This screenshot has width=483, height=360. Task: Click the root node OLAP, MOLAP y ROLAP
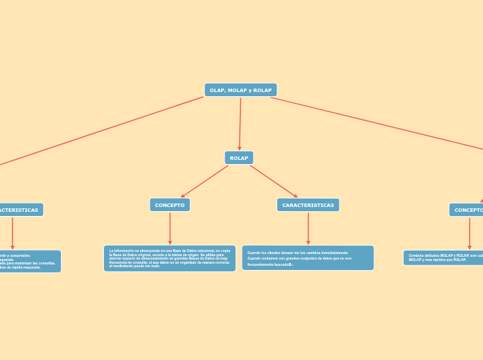(240, 90)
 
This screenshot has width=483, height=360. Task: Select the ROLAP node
(239, 158)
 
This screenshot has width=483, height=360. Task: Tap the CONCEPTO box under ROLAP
(170, 205)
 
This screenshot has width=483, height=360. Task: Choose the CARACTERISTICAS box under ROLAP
(308, 205)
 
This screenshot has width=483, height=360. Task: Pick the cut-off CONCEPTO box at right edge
(466, 210)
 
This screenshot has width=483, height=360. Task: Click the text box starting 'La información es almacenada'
(170, 258)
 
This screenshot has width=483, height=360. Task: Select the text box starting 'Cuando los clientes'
(308, 258)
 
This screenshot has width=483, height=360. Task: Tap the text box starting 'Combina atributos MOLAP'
(444, 258)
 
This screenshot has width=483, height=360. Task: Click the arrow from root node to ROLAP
(240, 123)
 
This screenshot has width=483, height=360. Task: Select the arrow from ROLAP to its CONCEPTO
(205, 181)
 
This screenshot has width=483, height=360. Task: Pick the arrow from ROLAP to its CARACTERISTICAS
(274, 181)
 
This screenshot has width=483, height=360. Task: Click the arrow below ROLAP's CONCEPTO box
(170, 228)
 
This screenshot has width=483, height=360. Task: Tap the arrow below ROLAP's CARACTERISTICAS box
(308, 228)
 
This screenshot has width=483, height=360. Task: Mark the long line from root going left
(104, 130)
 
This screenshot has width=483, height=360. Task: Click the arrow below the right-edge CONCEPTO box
(469, 233)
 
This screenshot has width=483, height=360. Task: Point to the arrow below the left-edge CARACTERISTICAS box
(12, 233)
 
